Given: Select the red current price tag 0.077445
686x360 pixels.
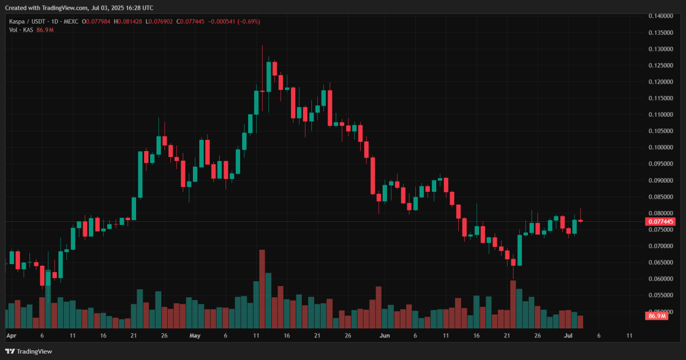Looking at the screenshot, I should pyautogui.click(x=661, y=221).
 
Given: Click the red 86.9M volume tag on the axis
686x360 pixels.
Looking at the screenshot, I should pyautogui.click(x=657, y=316).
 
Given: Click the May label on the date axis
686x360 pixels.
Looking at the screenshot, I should pyautogui.click(x=195, y=336).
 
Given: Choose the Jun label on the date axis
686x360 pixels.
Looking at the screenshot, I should pyautogui.click(x=384, y=336).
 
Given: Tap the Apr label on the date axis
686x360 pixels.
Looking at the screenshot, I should pyautogui.click(x=11, y=336).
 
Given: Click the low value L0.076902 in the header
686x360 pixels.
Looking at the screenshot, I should pyautogui.click(x=164, y=21).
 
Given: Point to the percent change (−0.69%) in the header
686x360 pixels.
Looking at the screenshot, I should pyautogui.click(x=248, y=21).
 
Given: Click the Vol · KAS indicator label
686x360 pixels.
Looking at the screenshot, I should pyautogui.click(x=21, y=30).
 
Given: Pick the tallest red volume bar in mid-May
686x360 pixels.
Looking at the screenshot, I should pyautogui.click(x=262, y=289).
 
